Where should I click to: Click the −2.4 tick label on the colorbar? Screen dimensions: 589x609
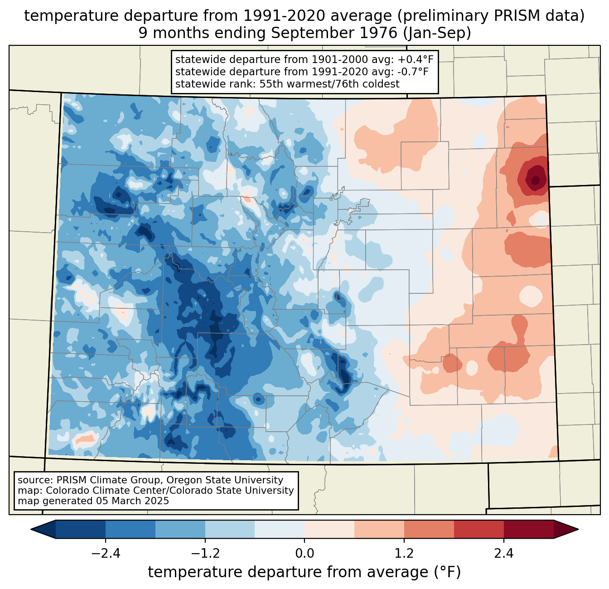tap(106, 554)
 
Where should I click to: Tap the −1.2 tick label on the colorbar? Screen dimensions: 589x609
tap(205, 554)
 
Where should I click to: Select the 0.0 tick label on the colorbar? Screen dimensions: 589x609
tap(304, 554)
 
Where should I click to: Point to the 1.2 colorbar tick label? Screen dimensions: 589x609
tap(404, 554)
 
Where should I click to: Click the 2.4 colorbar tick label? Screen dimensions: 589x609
tap(504, 554)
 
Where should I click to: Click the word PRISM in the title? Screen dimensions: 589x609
tap(515, 16)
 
